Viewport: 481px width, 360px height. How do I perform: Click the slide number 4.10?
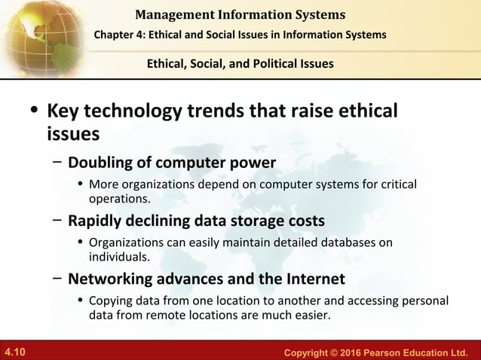[x=15, y=352]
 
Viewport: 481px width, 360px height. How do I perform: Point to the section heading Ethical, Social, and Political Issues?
[x=240, y=63]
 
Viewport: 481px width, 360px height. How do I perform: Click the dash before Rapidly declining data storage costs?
[x=57, y=221]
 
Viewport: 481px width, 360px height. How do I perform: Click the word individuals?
[x=119, y=257]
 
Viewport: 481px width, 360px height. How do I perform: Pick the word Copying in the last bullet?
[x=113, y=301]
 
